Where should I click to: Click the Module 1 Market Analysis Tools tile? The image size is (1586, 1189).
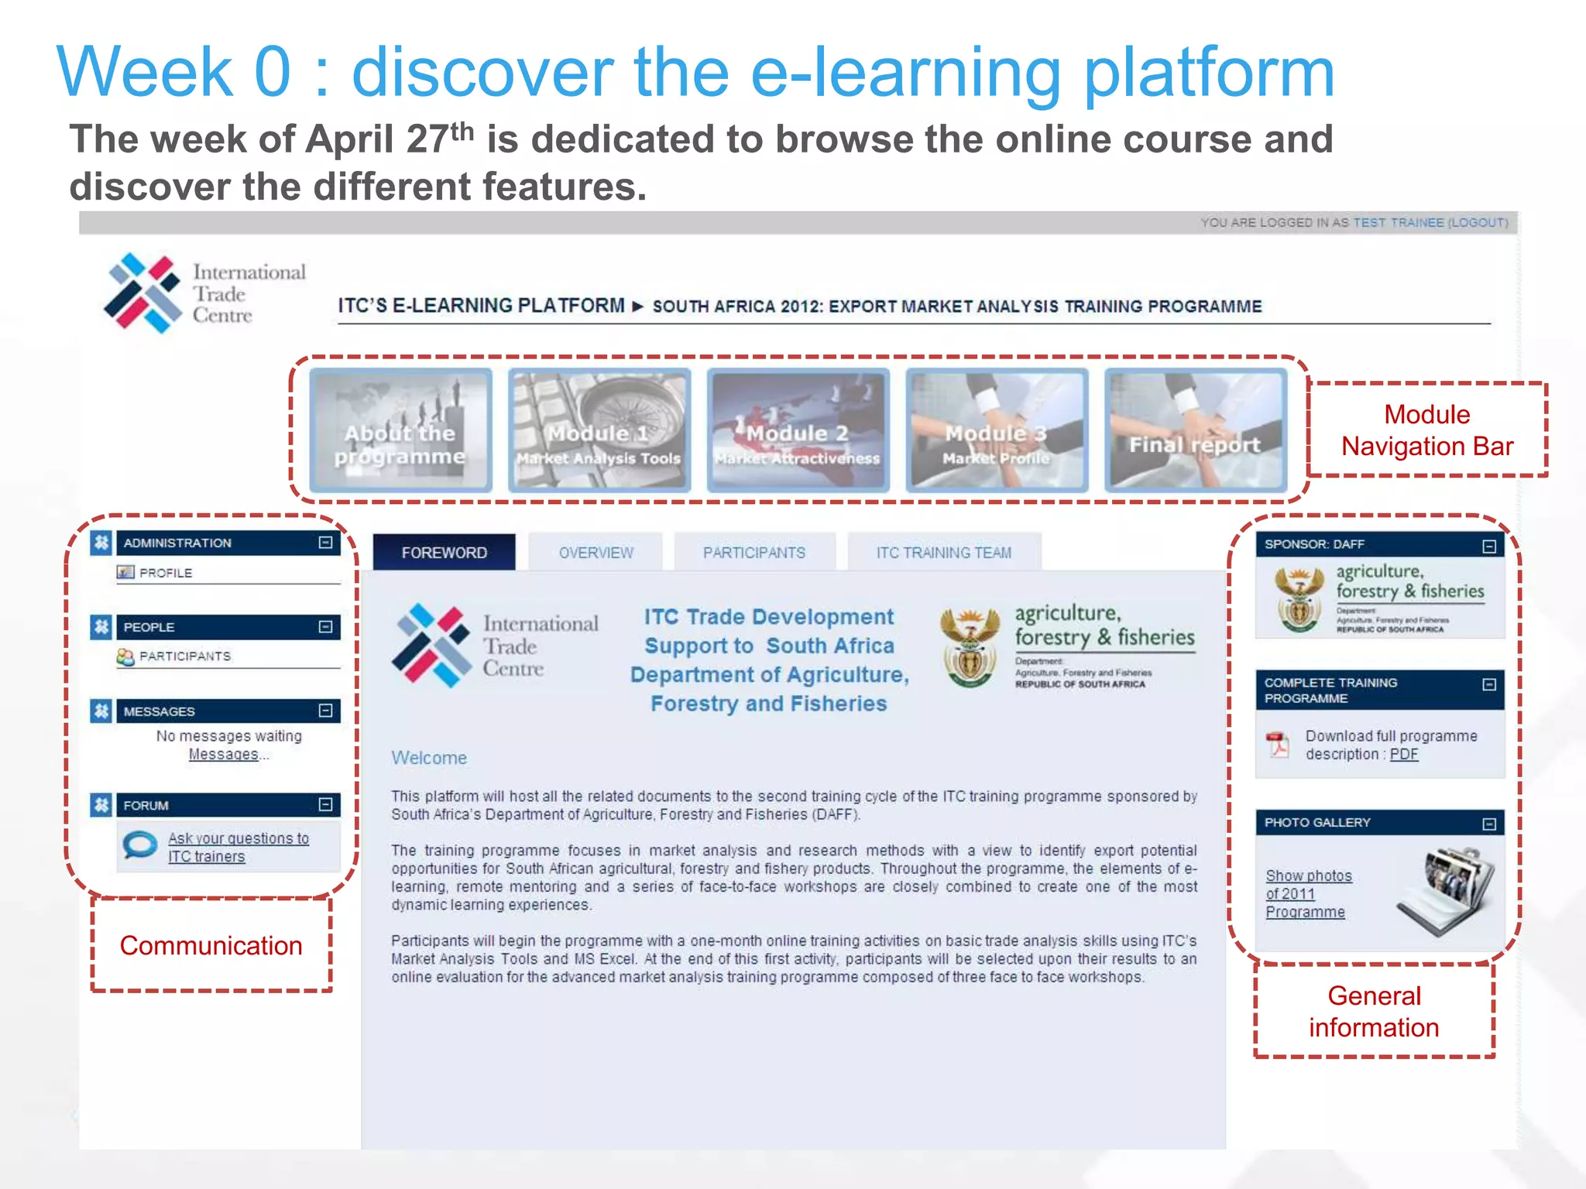[599, 430]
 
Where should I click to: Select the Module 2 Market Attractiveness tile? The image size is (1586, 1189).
[798, 430]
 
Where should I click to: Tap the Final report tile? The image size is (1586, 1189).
[1195, 430]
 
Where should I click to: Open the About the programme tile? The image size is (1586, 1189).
[400, 430]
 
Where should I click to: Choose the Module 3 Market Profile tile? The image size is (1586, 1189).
[997, 430]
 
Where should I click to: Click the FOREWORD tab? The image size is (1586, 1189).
[444, 553]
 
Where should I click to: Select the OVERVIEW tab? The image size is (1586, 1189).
[596, 553]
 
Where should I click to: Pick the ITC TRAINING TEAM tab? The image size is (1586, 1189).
[943, 553]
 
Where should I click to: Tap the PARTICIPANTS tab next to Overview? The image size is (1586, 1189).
[754, 553]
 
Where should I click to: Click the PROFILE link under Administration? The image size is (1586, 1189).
[165, 573]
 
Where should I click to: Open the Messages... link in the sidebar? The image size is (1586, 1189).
[224, 755]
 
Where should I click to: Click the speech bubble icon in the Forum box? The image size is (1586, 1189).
[140, 845]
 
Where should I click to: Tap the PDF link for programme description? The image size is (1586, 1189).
[1403, 755]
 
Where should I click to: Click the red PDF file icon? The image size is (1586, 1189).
[1277, 745]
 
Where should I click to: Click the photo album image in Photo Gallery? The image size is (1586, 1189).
[1446, 890]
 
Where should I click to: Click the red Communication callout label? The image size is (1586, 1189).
[211, 946]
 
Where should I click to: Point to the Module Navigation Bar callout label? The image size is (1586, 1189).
[1426, 430]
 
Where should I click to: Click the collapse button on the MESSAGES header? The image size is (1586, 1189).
[326, 711]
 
